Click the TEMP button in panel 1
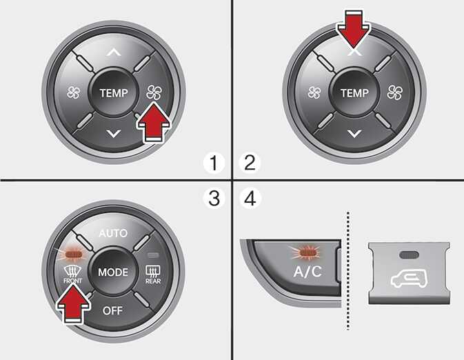click(x=114, y=92)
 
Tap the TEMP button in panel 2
click(x=354, y=92)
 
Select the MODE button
click(x=113, y=272)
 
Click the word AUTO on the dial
click(x=113, y=233)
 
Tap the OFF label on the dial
click(x=112, y=310)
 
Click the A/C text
click(x=307, y=271)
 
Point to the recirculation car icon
click(x=409, y=279)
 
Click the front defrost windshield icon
click(x=72, y=271)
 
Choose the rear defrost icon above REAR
click(x=153, y=271)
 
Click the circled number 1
click(x=214, y=163)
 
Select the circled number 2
click(x=250, y=163)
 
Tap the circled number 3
click(x=214, y=198)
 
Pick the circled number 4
click(x=250, y=198)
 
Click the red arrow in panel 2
click(x=354, y=30)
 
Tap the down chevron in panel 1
click(x=114, y=133)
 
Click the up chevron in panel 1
click(x=114, y=52)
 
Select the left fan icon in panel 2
click(x=314, y=92)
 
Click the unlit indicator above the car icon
click(x=408, y=254)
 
